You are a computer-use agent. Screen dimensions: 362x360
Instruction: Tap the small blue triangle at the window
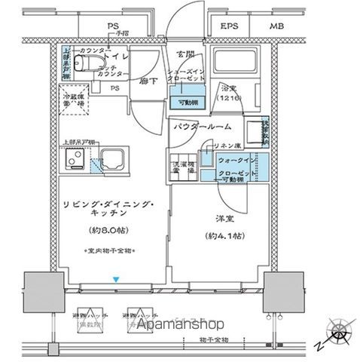114,281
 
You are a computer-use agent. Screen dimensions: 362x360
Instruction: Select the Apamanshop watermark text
180,325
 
